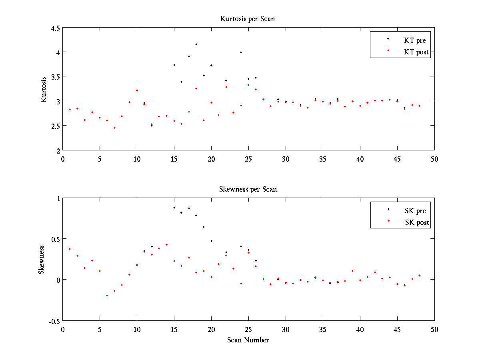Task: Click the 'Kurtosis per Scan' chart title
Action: click(248, 19)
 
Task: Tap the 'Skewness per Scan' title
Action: click(248, 189)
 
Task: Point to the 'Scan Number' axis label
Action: click(248, 340)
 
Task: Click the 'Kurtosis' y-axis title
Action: click(44, 89)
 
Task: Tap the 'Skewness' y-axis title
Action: click(42, 260)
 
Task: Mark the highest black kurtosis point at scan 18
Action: click(196, 44)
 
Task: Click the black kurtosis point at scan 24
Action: click(241, 52)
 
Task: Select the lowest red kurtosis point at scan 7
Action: click(114, 128)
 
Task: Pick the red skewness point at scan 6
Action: click(107, 295)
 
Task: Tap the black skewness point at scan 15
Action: click(174, 208)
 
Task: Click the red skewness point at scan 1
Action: click(70, 249)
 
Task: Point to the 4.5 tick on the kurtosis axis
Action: click(55, 28)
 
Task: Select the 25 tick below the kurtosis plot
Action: click(248, 159)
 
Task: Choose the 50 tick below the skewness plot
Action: click(434, 329)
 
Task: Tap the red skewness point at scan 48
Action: click(419, 275)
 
